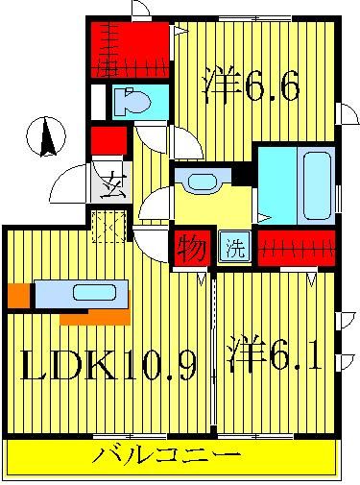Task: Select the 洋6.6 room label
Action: pos(252,87)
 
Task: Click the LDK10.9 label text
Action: pos(108,364)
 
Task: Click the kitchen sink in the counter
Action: pos(92,292)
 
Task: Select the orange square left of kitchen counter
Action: pos(18,294)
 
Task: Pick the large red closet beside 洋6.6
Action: pos(132,51)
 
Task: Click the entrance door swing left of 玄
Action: pos(70,182)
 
